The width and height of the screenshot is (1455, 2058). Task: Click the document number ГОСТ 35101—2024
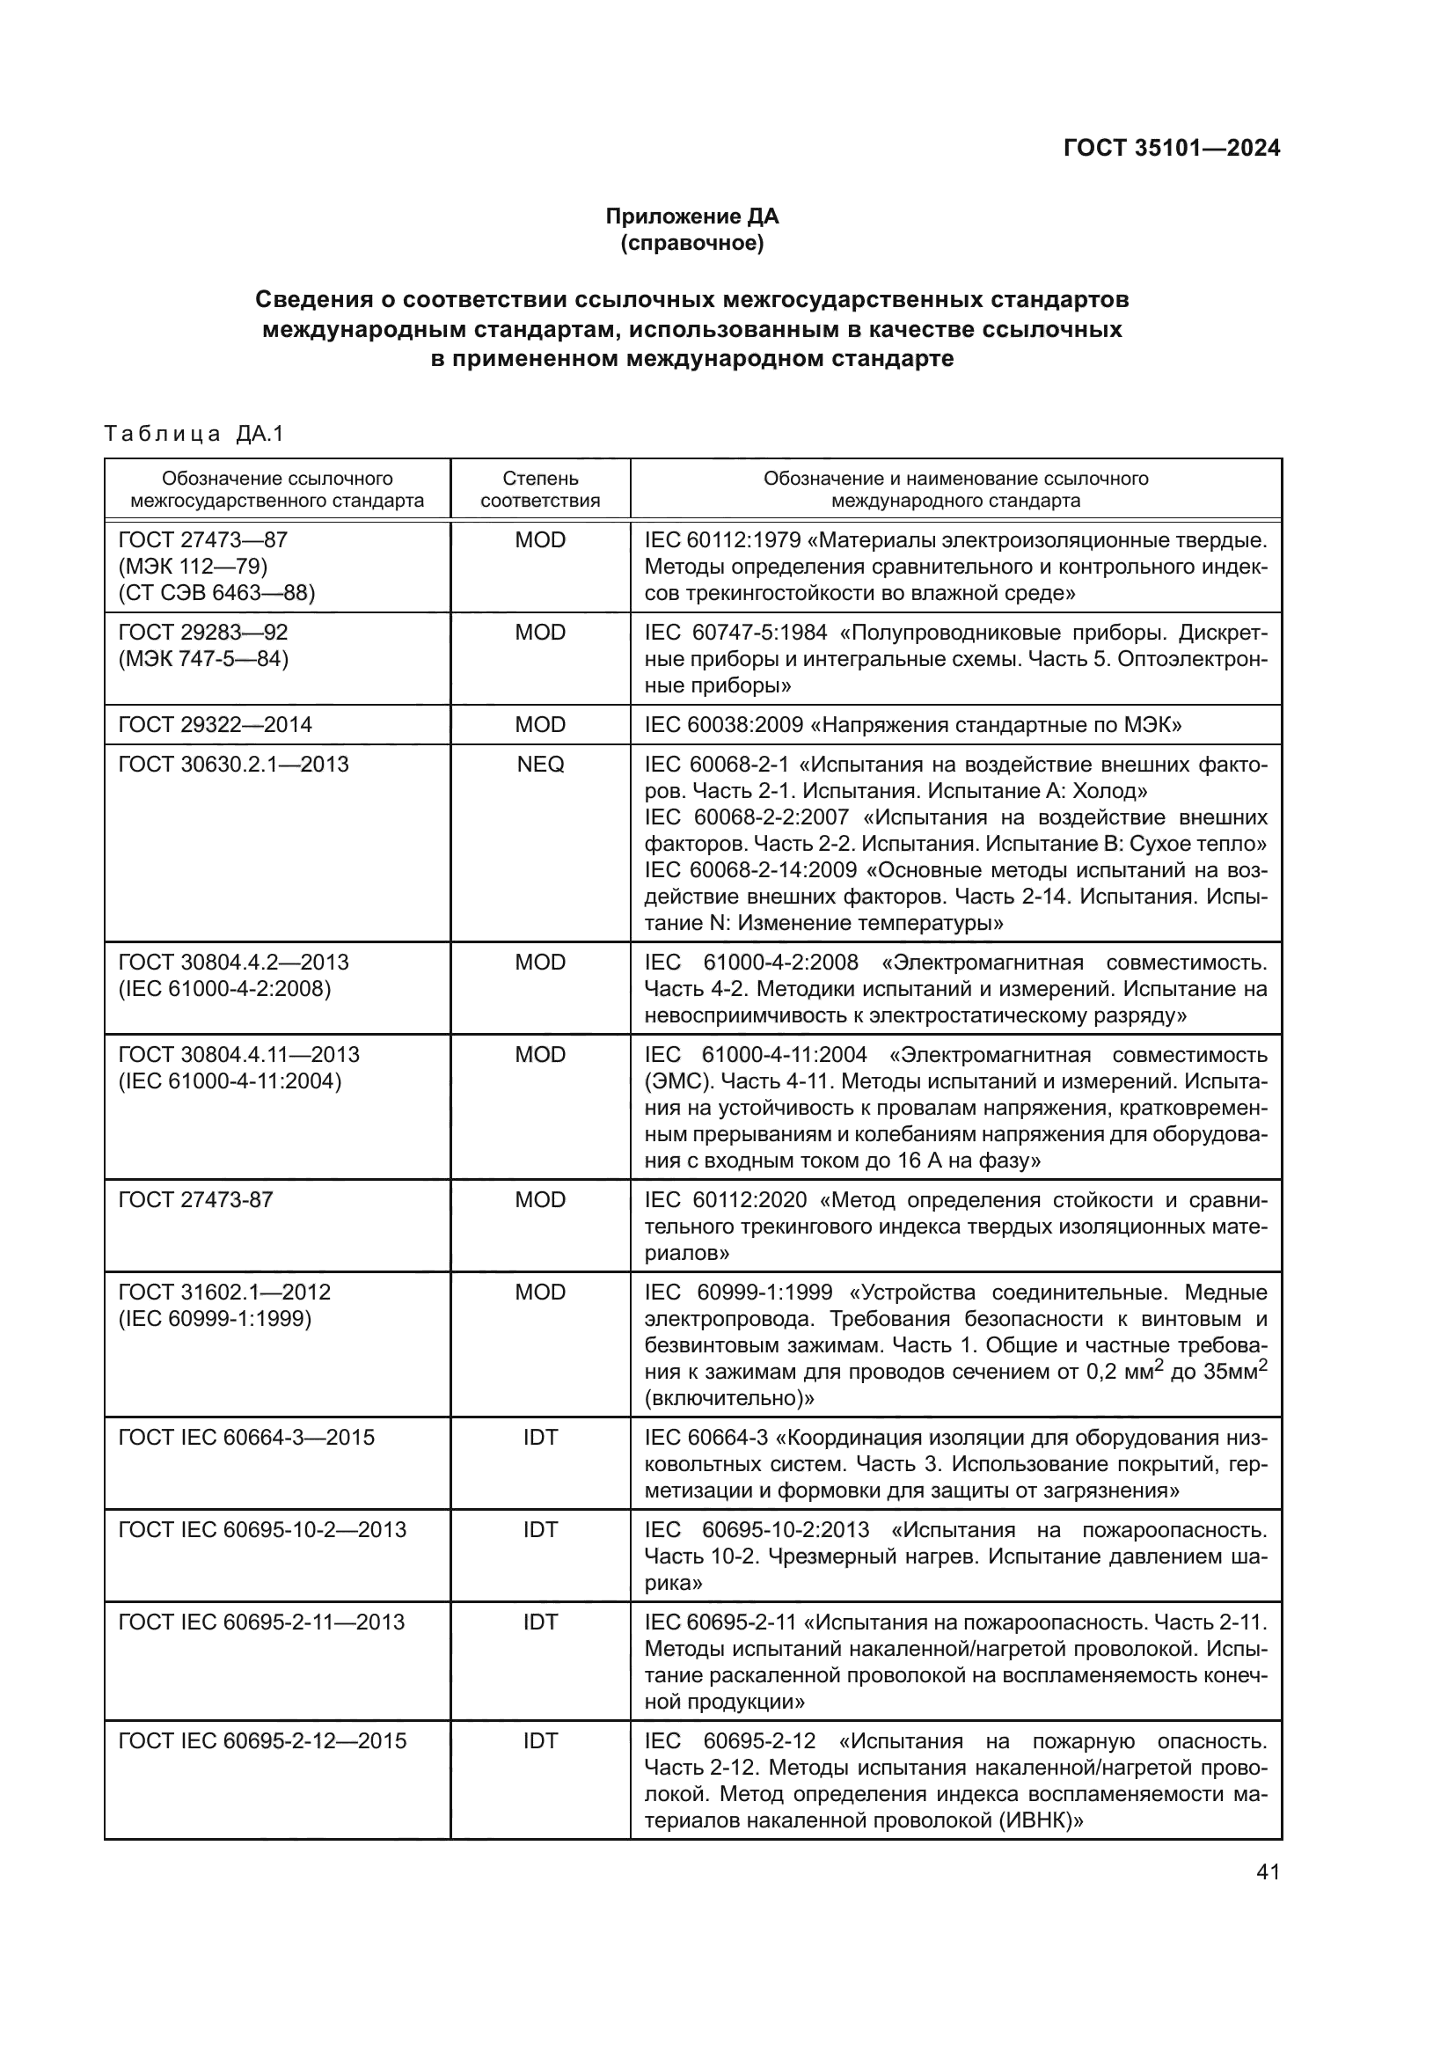tap(1171, 148)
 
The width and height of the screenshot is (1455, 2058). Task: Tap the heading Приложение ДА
tap(691, 216)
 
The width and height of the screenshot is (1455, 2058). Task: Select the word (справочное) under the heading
tap(691, 243)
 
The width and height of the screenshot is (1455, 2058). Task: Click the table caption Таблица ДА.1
tap(194, 435)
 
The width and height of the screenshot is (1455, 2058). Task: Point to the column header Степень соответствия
tap(540, 489)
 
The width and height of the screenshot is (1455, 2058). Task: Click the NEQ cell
tap(540, 765)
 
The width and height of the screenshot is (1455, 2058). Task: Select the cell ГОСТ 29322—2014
tap(215, 724)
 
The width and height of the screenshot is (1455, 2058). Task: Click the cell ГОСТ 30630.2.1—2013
tap(233, 765)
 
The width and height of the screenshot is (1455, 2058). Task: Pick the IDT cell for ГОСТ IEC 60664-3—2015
tap(540, 1438)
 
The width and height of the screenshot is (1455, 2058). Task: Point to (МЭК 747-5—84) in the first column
tap(203, 659)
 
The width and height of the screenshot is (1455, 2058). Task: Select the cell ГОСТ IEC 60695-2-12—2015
tap(261, 1740)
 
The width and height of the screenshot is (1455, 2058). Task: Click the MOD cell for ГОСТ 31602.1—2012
tap(540, 1292)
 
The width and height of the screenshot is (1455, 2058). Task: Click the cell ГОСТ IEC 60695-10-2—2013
tap(261, 1530)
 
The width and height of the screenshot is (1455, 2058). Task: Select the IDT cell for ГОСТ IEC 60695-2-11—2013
tap(540, 1622)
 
